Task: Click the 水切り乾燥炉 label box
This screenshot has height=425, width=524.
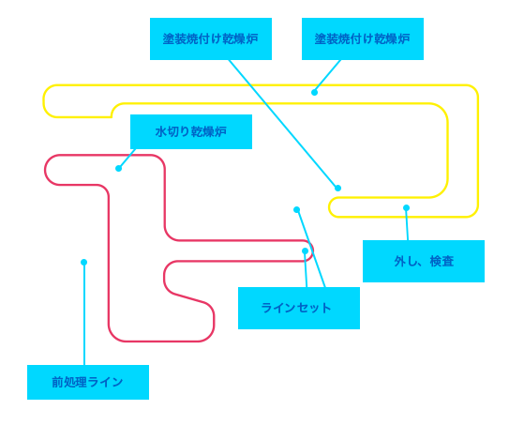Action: [191, 131]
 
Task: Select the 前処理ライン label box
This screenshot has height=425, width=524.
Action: [88, 382]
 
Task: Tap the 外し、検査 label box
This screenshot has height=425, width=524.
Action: [424, 261]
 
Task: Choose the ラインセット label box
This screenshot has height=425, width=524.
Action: [299, 308]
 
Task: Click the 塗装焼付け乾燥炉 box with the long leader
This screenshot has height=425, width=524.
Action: [211, 38]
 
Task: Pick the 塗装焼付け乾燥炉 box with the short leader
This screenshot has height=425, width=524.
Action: [363, 38]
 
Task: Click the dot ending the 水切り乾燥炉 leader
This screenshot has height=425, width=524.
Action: [119, 168]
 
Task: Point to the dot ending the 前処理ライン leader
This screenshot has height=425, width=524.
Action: [83, 262]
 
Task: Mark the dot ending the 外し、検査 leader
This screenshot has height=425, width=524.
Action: [407, 208]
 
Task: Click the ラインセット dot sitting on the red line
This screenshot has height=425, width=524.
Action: [305, 250]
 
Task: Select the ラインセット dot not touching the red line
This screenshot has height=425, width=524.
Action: [297, 209]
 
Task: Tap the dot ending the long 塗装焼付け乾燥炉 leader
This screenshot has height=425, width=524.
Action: [337, 188]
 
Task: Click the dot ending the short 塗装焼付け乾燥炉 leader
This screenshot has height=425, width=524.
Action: [314, 92]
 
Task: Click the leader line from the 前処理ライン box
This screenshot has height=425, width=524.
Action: [84, 313]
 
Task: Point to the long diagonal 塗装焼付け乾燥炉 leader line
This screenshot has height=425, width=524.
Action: [283, 124]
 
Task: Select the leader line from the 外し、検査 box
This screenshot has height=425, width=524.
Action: [407, 224]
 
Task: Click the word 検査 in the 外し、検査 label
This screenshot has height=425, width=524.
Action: [442, 262]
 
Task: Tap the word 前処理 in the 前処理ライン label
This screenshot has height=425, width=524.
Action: [69, 382]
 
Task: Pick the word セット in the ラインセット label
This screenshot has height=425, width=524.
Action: [314, 308]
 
